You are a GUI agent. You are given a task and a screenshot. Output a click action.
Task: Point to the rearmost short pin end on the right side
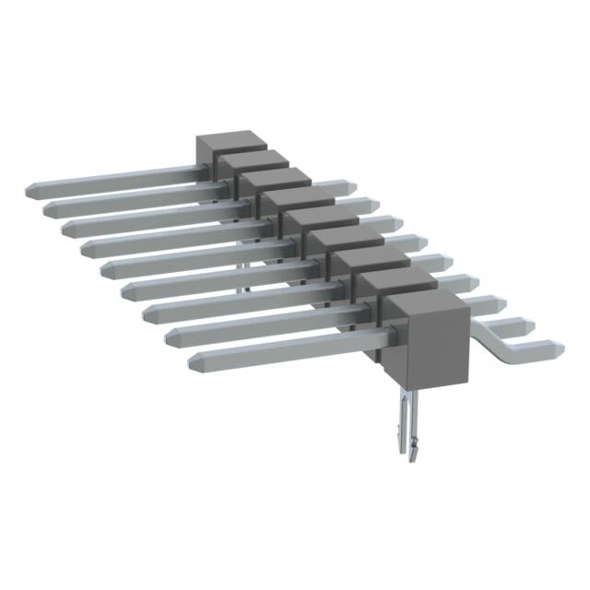pyautogui.click(x=350, y=188)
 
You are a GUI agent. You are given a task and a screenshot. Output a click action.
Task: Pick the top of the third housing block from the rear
pyautogui.click(x=269, y=177)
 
